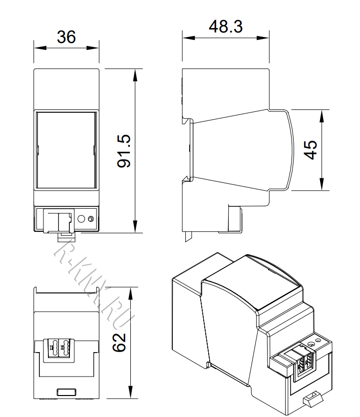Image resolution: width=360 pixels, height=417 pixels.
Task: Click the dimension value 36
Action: click(x=66, y=37)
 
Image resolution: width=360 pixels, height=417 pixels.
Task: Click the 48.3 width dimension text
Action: click(x=226, y=26)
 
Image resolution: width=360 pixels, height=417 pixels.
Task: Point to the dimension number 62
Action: click(x=119, y=342)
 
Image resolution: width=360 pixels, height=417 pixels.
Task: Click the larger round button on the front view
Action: click(x=82, y=219)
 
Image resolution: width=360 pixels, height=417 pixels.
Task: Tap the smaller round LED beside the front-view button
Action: click(x=90, y=219)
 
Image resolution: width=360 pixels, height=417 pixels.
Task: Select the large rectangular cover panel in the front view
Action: click(x=66, y=150)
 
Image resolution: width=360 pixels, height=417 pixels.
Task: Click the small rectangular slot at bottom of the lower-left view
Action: click(x=66, y=392)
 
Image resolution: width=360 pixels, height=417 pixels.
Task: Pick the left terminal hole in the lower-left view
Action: click(x=52, y=347)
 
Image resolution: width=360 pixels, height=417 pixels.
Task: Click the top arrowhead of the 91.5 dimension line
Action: click(x=135, y=73)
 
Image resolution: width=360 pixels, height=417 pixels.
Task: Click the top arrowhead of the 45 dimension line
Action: click(x=322, y=114)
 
